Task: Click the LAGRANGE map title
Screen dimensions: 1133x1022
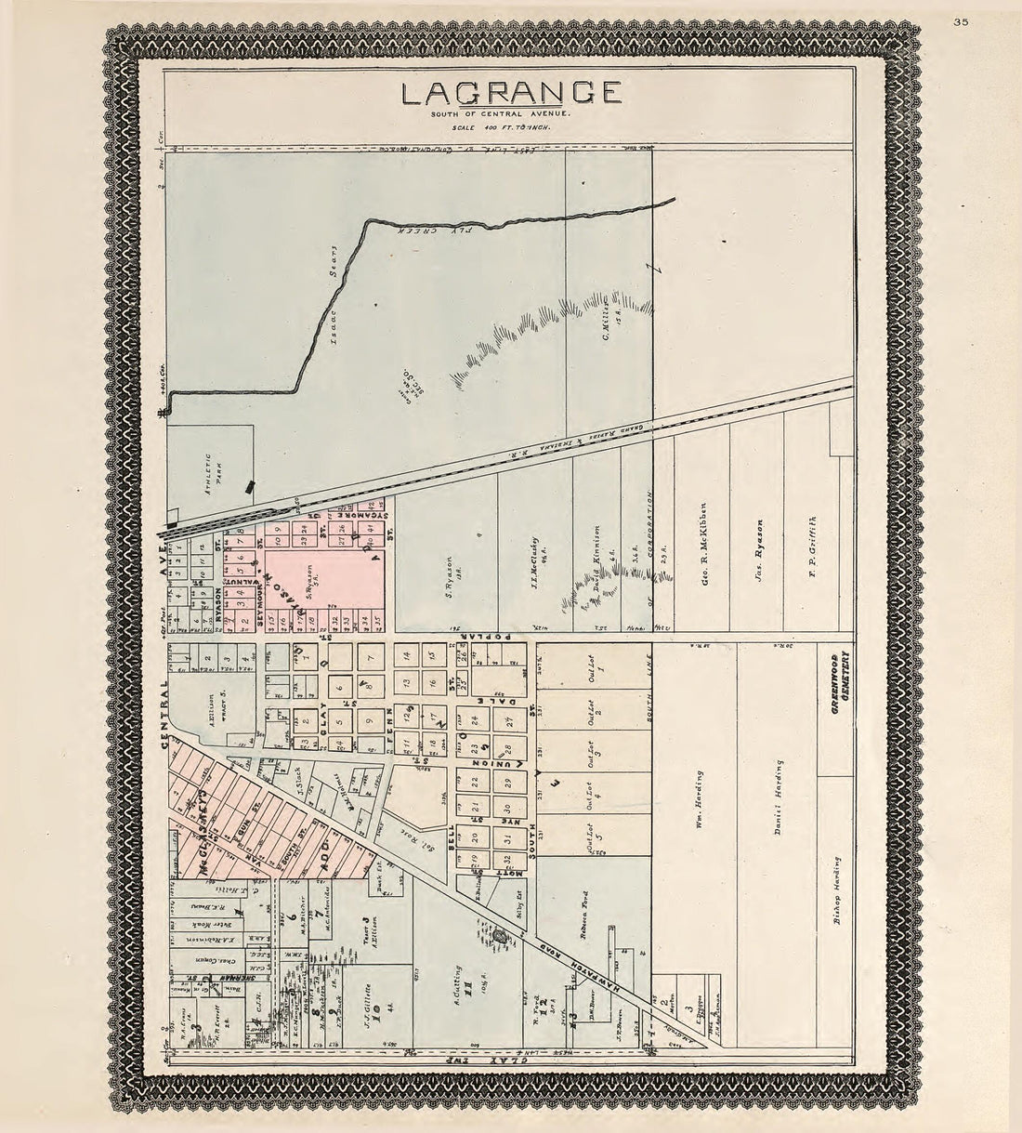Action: [x=510, y=92]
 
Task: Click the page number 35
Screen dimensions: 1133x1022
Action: [x=960, y=24]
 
